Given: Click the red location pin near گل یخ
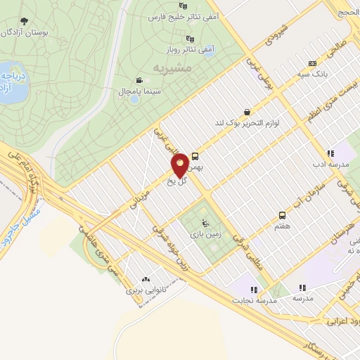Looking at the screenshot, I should [180, 164].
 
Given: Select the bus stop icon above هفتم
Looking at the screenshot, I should [282, 215].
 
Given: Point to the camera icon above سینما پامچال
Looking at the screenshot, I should [139, 80].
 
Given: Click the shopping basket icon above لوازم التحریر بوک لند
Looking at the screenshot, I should [246, 112].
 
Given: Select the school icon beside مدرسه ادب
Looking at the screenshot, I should [330, 154].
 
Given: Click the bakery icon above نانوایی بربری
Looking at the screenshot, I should [147, 279].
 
